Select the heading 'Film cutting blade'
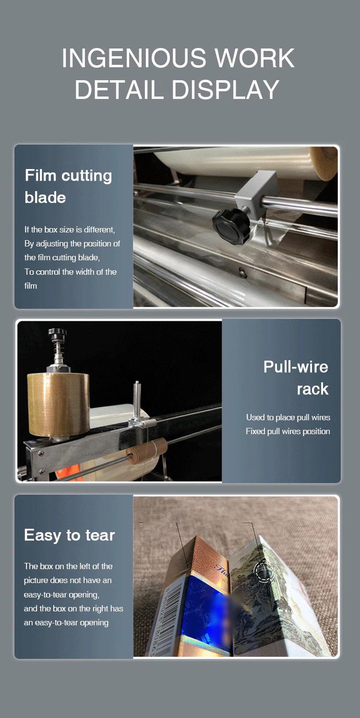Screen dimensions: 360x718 [68, 186]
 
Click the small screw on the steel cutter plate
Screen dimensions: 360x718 [243, 273]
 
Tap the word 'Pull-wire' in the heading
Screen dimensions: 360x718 [296, 367]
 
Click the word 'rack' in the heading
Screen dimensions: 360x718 [312, 389]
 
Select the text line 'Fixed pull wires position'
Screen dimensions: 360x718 [288, 431]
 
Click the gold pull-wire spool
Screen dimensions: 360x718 [58, 404]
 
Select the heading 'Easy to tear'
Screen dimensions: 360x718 [70, 535]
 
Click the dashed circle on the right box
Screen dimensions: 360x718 [264, 570]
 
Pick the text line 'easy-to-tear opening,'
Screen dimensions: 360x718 [61, 595]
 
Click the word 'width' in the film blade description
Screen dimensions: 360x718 [84, 272]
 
